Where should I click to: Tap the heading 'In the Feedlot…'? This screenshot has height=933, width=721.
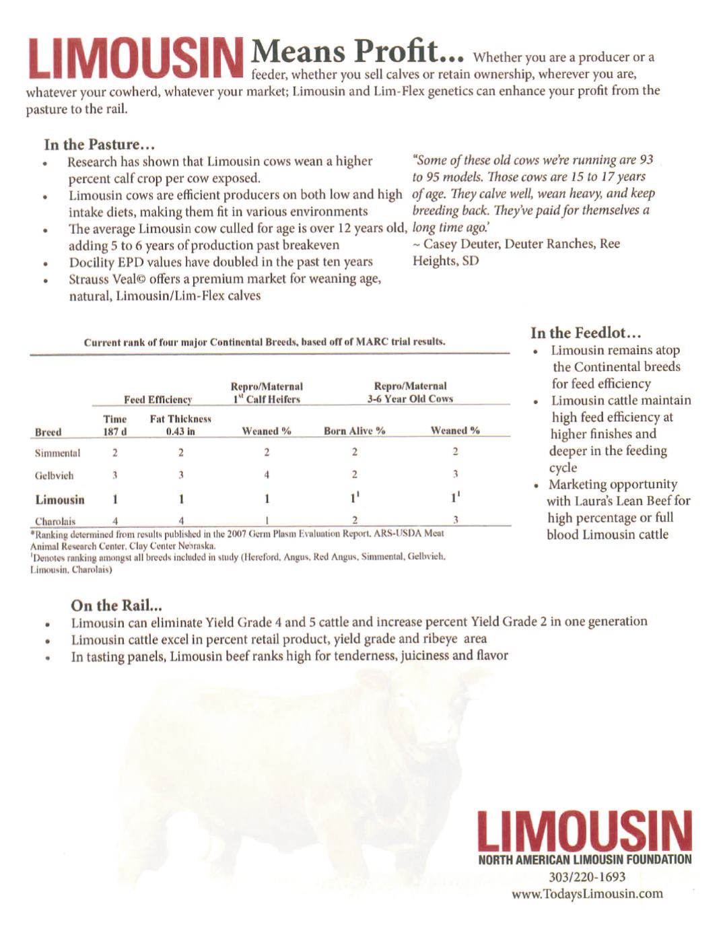pyautogui.click(x=586, y=333)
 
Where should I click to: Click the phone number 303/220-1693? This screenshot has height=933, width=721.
pyautogui.click(x=586, y=876)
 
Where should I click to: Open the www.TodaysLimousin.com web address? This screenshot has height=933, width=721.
pyautogui.click(x=587, y=893)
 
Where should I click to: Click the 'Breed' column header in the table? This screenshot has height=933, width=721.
pyautogui.click(x=48, y=432)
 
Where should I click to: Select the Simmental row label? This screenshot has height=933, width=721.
pyautogui.click(x=57, y=453)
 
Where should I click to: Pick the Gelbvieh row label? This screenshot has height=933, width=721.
pyautogui.click(x=54, y=475)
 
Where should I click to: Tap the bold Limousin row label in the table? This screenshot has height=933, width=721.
pyautogui.click(x=60, y=499)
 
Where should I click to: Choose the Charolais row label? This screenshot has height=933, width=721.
pyautogui.click(x=55, y=521)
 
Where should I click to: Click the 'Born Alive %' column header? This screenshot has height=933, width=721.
pyautogui.click(x=354, y=431)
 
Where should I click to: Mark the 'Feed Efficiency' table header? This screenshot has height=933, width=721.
pyautogui.click(x=158, y=399)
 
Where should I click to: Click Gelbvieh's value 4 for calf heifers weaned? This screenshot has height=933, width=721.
pyautogui.click(x=267, y=475)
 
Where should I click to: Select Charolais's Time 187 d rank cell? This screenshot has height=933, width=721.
pyautogui.click(x=115, y=520)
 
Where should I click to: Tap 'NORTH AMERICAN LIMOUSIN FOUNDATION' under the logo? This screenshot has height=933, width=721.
pyautogui.click(x=584, y=859)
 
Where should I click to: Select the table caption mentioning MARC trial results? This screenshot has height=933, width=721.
pyautogui.click(x=265, y=342)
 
